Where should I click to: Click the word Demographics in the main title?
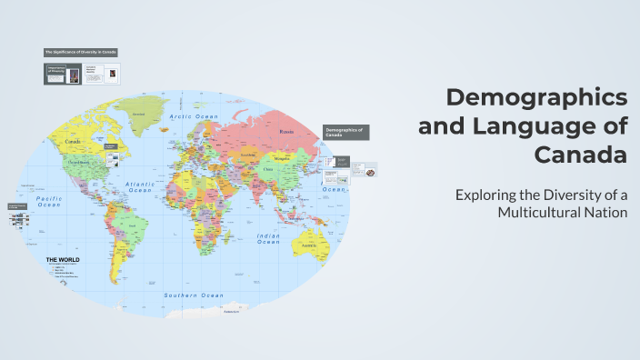(536, 96)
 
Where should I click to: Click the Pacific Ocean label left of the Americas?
(48, 201)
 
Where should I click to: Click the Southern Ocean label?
(193, 295)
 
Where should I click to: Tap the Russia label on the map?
(286, 133)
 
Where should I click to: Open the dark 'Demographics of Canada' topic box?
(346, 133)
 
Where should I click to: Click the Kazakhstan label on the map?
(248, 155)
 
